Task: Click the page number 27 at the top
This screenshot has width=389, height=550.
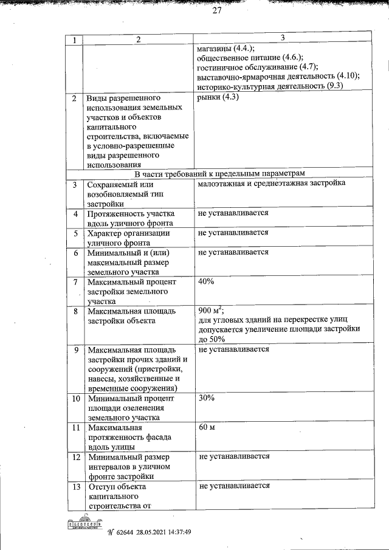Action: click(x=217, y=10)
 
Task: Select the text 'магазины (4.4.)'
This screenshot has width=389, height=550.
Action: click(x=225, y=49)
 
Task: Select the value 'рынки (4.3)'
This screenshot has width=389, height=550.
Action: click(x=216, y=98)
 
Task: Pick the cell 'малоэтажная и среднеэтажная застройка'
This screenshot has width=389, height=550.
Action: click(x=271, y=183)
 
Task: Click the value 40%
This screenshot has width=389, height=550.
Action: click(x=206, y=283)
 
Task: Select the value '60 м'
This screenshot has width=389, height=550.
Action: click(x=207, y=428)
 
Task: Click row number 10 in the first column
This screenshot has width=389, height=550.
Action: click(x=75, y=399)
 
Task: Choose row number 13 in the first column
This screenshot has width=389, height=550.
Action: click(x=75, y=486)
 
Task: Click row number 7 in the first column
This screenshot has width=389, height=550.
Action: click(x=75, y=283)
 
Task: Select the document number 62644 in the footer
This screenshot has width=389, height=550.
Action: click(x=125, y=532)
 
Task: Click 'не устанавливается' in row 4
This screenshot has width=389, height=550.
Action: click(x=233, y=214)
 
